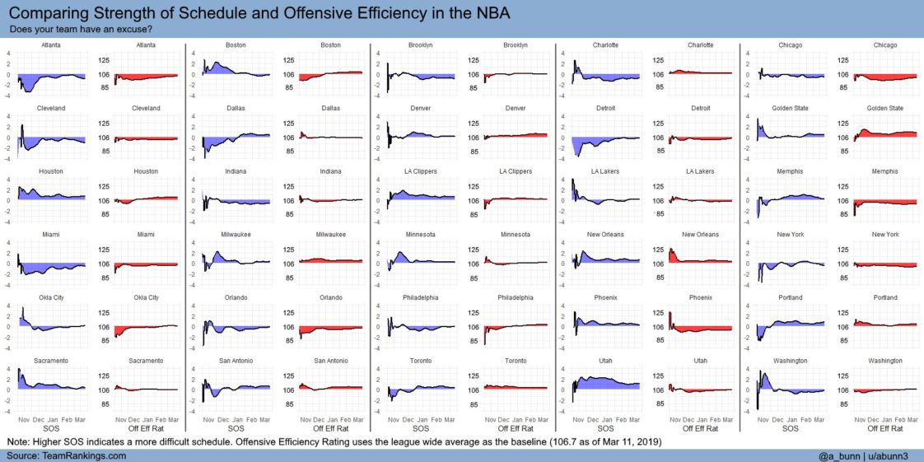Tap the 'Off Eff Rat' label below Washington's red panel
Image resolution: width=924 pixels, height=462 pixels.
885,428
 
